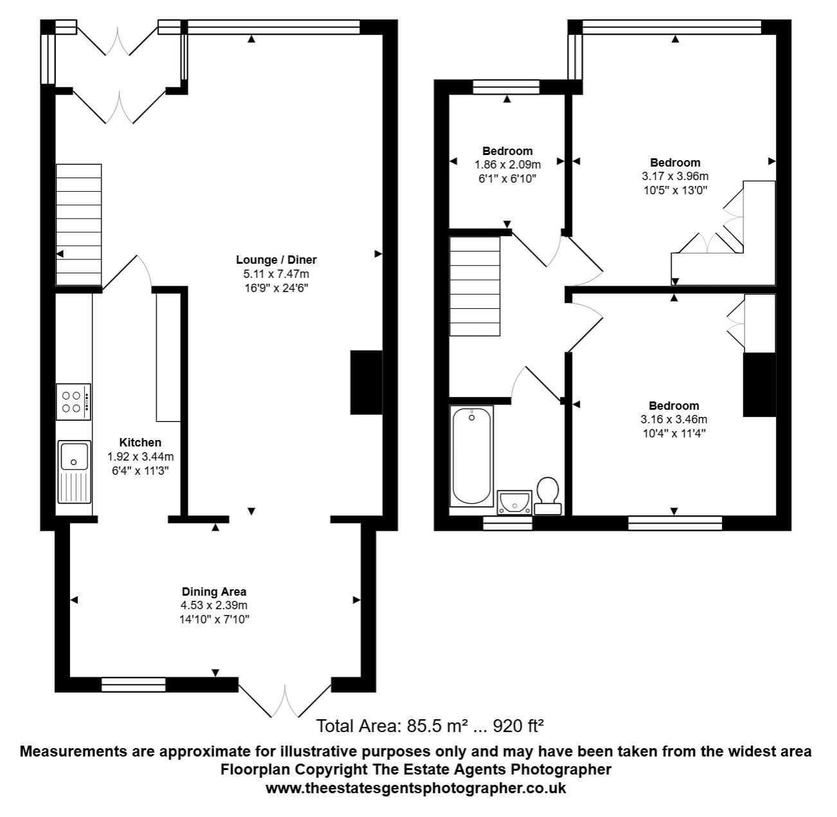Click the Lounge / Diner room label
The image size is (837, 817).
click(276, 259)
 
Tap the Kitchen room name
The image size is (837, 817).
click(140, 442)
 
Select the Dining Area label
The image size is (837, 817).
click(214, 591)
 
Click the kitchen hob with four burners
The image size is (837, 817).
click(73, 402)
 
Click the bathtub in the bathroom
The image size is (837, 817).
click(471, 456)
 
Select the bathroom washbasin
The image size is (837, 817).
click(514, 502)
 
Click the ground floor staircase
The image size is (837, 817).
click(78, 225)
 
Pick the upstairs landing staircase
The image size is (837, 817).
click(475, 286)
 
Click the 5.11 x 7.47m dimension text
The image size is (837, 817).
click(276, 274)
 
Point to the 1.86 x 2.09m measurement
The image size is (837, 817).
click(507, 165)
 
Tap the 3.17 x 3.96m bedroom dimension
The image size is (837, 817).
click(675, 176)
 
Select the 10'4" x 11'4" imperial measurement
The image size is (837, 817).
click(674, 433)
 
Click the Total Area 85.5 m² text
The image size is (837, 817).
click(430, 726)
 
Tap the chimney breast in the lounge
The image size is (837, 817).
click(366, 382)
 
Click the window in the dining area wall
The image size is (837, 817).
click(133, 684)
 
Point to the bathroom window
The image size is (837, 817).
click(507, 523)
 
